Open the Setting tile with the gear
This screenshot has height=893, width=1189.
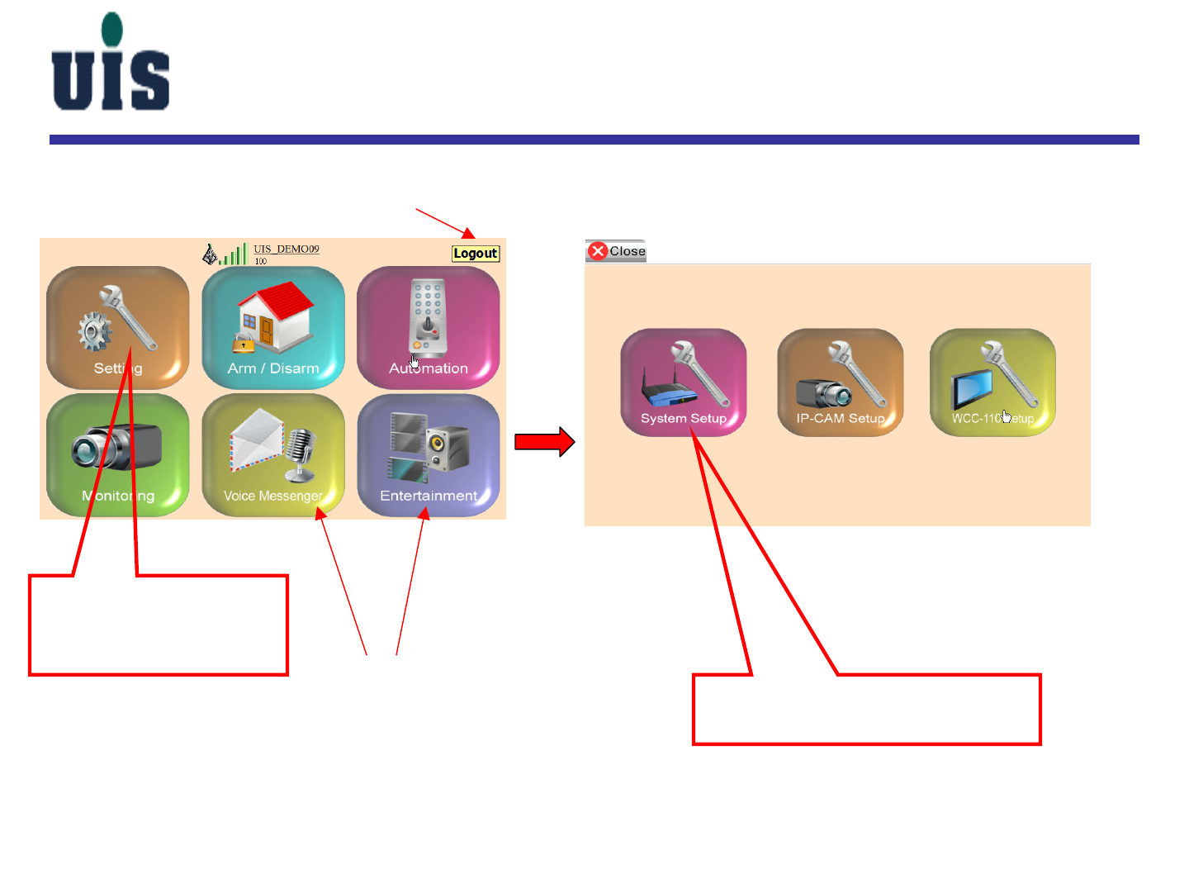(117, 327)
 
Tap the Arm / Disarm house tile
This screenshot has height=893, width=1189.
(272, 327)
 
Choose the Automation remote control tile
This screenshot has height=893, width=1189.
(428, 327)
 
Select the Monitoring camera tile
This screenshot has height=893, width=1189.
(117, 454)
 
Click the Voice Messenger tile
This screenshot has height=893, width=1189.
(272, 454)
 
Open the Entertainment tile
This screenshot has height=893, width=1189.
(428, 454)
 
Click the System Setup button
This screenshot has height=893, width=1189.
(683, 382)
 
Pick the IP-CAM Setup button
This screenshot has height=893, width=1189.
(840, 382)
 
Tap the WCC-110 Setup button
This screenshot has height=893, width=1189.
(992, 382)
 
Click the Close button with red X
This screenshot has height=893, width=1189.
(616, 251)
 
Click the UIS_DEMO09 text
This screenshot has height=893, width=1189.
(286, 249)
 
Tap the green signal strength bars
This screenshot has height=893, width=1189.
(234, 255)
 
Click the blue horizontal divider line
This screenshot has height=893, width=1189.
(594, 140)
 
